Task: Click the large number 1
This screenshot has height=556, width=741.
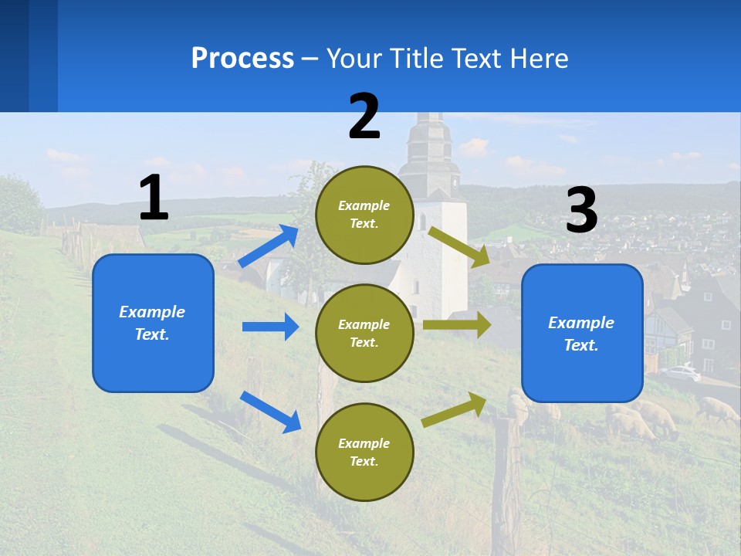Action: pyautogui.click(x=154, y=198)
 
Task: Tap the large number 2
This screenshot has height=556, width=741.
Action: pyautogui.click(x=364, y=117)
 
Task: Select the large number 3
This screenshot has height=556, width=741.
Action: pyautogui.click(x=581, y=210)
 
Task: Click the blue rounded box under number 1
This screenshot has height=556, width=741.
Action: pyautogui.click(x=153, y=323)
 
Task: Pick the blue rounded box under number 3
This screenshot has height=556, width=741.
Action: pyautogui.click(x=582, y=333)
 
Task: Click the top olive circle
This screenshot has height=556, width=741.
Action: pyautogui.click(x=364, y=215)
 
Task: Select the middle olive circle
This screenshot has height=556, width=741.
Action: pyautogui.click(x=364, y=333)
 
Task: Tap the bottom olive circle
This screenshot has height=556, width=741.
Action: pyautogui.click(x=364, y=452)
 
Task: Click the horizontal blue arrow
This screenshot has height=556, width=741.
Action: pyautogui.click(x=270, y=327)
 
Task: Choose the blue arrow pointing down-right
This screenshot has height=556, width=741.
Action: pyautogui.click(x=270, y=412)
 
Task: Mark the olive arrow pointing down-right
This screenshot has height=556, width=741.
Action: pyautogui.click(x=459, y=246)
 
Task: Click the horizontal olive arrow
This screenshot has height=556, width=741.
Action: pyautogui.click(x=456, y=325)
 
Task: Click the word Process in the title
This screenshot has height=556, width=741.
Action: pyautogui.click(x=242, y=58)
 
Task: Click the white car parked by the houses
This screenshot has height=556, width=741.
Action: pyautogui.click(x=680, y=373)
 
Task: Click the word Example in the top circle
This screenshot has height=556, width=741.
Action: pyautogui.click(x=364, y=205)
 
